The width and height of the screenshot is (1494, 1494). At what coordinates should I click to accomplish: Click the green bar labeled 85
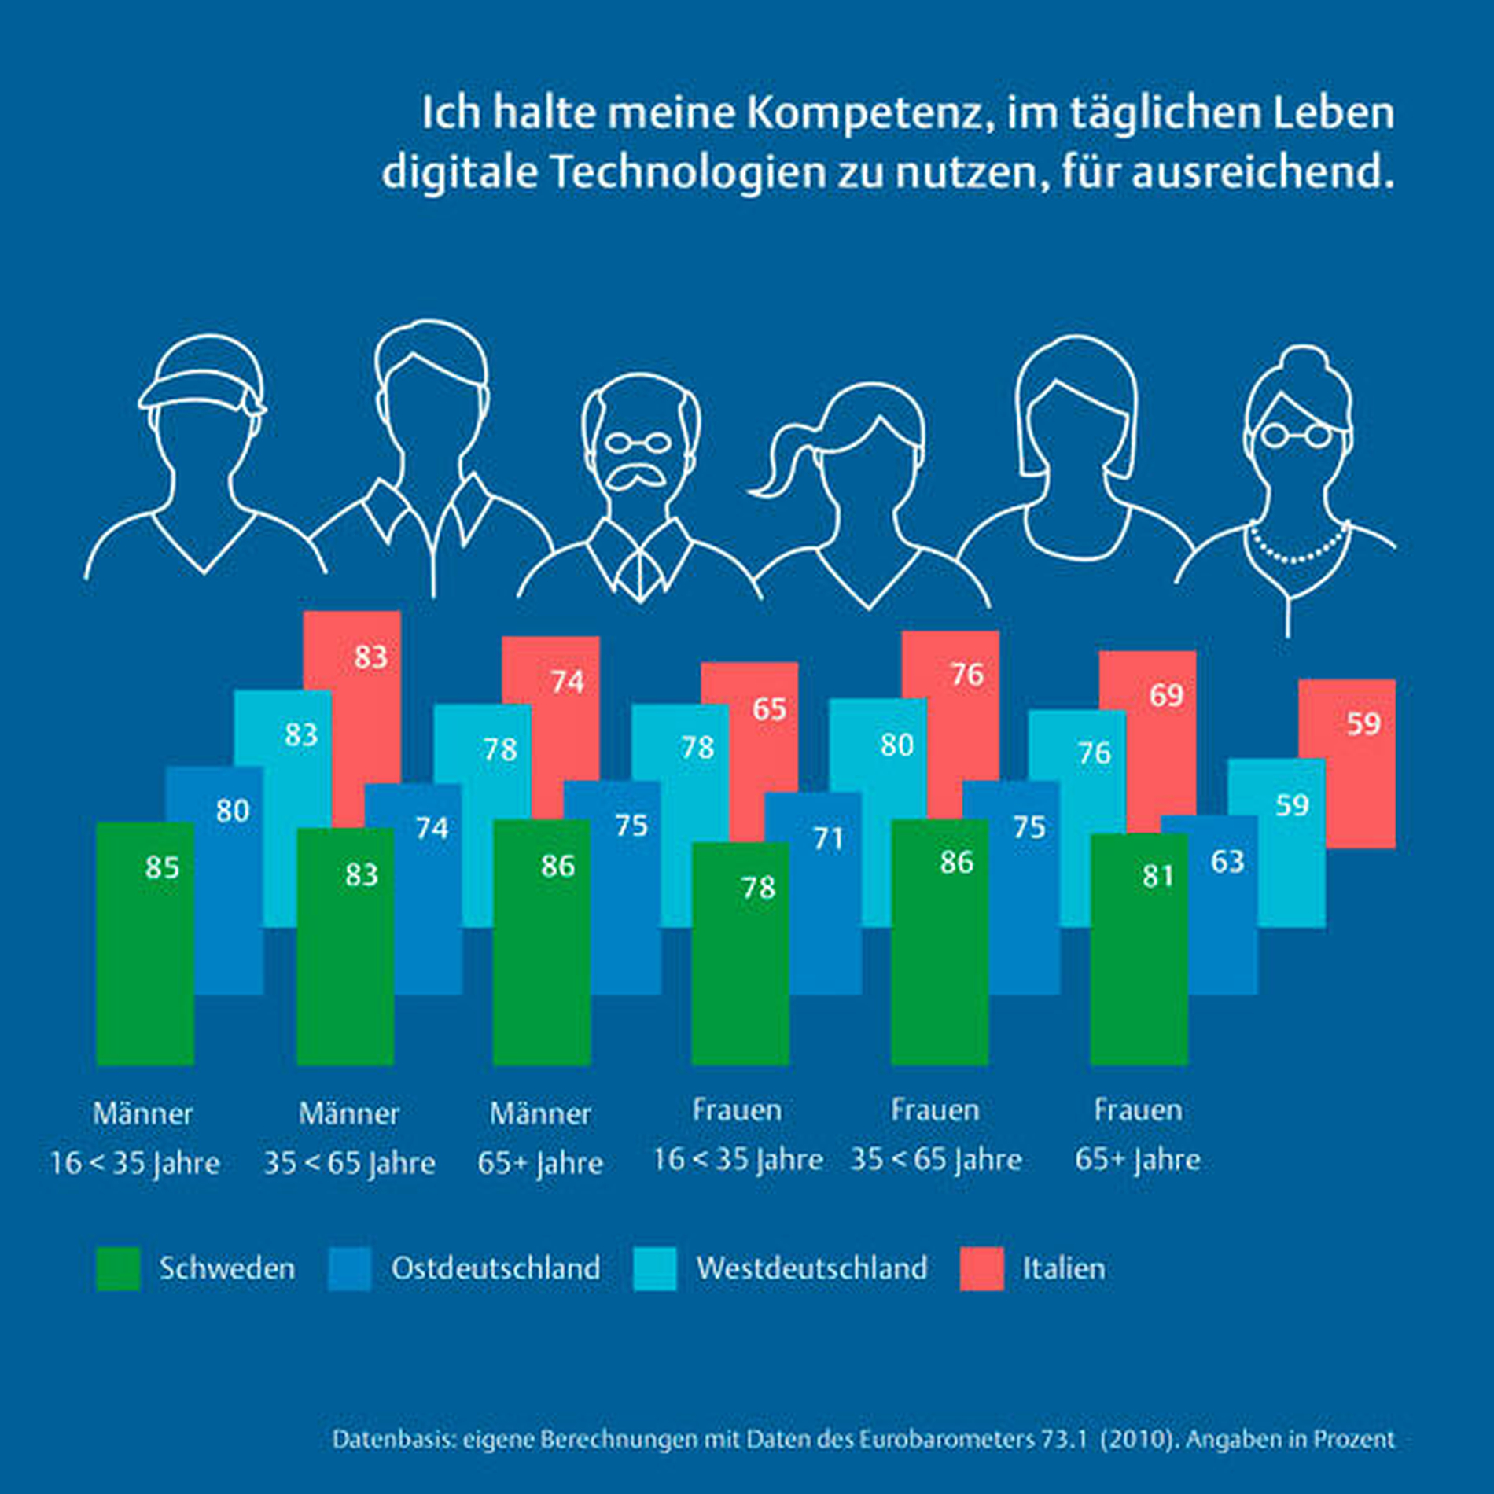point(145,944)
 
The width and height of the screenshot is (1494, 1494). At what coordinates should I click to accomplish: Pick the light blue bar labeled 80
point(877,755)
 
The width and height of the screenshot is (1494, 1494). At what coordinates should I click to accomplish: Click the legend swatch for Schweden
point(118,1268)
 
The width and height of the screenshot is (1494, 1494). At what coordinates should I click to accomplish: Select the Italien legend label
point(1063,1268)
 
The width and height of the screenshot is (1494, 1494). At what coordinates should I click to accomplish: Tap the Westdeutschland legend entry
point(811,1268)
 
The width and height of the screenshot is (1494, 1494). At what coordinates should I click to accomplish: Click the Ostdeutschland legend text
point(495,1268)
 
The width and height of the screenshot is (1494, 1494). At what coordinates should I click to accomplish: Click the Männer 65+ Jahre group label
point(540,1138)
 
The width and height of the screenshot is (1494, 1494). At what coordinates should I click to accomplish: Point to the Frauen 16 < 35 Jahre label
point(738,1135)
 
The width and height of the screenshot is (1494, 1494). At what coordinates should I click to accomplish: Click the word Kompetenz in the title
point(864,112)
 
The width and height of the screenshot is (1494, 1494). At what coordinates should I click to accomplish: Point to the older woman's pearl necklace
point(1297,550)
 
